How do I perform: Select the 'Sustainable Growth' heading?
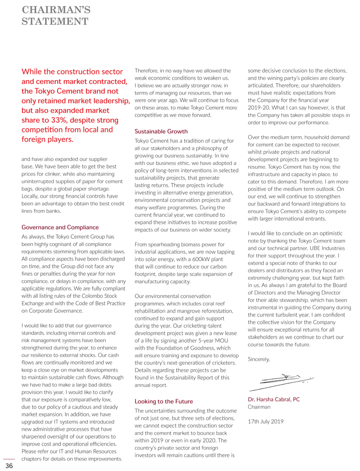tap(161, 130)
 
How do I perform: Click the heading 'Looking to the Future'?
tap(164, 401)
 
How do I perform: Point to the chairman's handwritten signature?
tap(281, 379)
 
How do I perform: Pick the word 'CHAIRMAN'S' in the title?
tap(56, 9)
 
